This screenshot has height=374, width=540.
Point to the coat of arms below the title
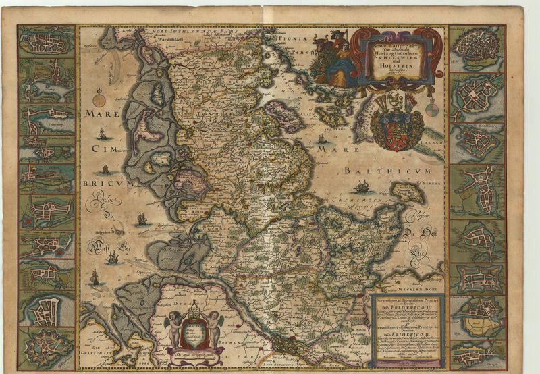397,122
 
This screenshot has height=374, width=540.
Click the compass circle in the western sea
99,101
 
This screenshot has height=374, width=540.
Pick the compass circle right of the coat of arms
432,109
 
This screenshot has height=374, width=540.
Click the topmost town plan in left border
47,42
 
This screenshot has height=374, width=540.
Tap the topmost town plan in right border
477,47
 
